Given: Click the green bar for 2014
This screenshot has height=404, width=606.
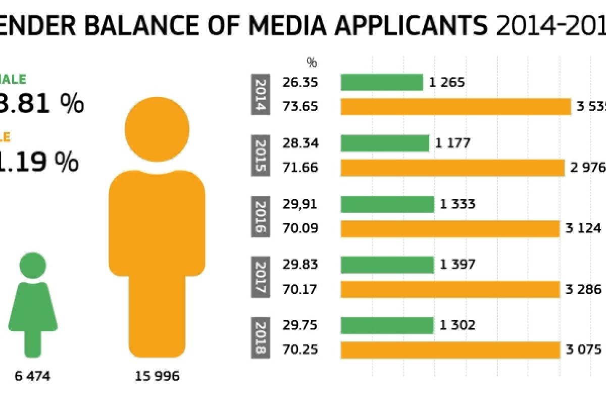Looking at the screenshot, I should pyautogui.click(x=382, y=82).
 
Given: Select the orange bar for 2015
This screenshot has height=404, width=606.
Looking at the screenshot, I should pyautogui.click(x=452, y=167).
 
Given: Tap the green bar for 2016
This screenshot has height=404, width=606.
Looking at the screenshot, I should pyautogui.click(x=387, y=204).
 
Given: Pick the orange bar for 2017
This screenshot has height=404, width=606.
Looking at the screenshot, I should pyautogui.click(x=450, y=289).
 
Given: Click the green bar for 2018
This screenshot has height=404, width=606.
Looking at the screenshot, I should pyautogui.click(x=387, y=326).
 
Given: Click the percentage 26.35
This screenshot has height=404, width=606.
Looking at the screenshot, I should pyautogui.click(x=300, y=82).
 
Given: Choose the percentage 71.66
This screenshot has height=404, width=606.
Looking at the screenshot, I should pyautogui.click(x=300, y=167).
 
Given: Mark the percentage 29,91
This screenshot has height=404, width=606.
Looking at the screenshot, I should pyautogui.click(x=300, y=204).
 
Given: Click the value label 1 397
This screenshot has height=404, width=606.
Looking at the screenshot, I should pyautogui.click(x=458, y=265).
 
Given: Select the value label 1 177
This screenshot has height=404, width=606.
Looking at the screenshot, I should pyautogui.click(x=452, y=143).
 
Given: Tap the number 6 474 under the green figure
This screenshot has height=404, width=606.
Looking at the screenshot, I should pyautogui.click(x=33, y=376).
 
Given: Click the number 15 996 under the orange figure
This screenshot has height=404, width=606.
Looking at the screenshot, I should pyautogui.click(x=157, y=376).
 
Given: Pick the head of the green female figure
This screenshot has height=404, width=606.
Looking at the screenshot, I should pyautogui.click(x=33, y=265).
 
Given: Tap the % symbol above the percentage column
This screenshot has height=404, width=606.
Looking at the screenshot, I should pyautogui.click(x=312, y=62).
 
